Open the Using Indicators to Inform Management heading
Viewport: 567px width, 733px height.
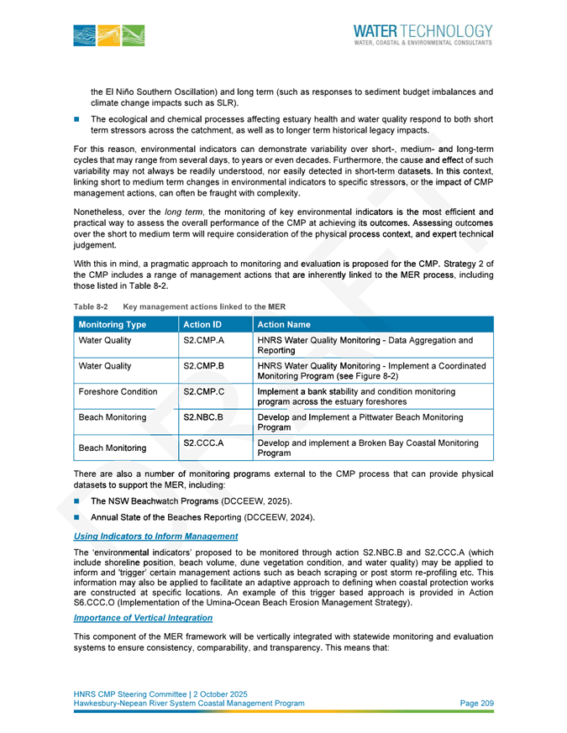[x=155, y=536]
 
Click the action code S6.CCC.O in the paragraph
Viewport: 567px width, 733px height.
[x=97, y=603]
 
